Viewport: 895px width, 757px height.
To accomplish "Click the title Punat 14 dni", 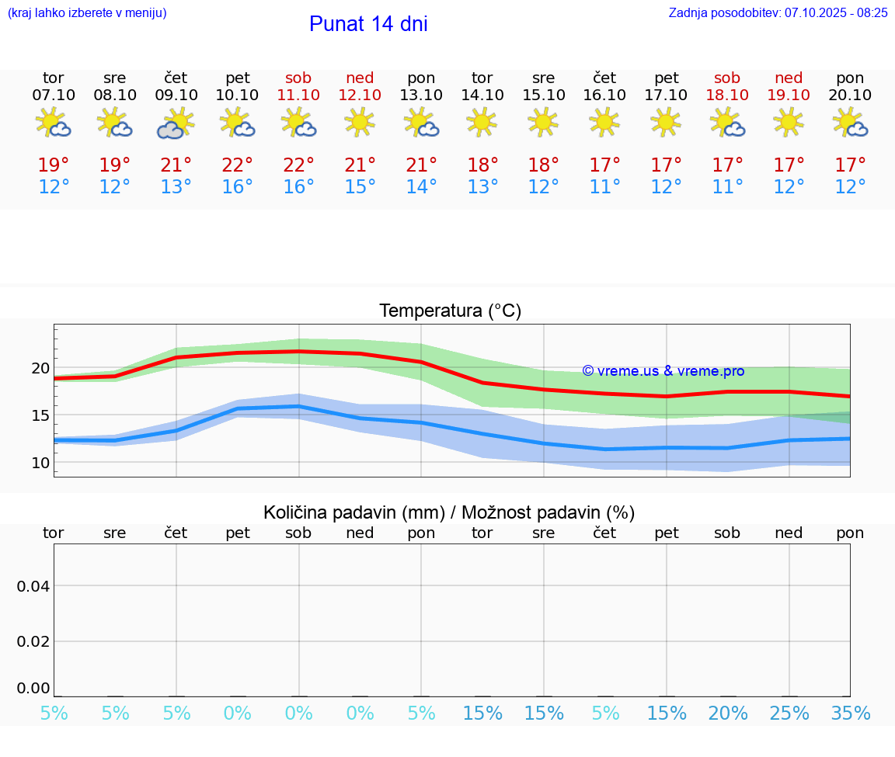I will coord(368,24).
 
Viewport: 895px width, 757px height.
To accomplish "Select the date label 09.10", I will coord(176,95).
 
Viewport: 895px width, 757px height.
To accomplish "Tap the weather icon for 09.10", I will coord(176,123).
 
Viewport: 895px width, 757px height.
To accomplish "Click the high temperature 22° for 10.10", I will coord(237,165).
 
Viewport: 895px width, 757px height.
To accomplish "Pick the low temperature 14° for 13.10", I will coord(421,187).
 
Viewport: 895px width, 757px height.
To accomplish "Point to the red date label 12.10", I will coord(360,95).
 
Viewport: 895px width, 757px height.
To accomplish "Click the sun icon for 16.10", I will coord(604,122).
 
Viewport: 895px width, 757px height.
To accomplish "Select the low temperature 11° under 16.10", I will coord(604,187).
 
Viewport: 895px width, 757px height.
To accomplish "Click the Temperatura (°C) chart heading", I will coord(450,311).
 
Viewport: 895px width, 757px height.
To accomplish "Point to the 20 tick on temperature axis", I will coord(40,368).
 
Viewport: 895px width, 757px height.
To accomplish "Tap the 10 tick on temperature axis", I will coord(40,463).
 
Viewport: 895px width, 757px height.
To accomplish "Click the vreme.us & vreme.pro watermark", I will coord(663,371).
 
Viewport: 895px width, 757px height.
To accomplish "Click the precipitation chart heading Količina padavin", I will coord(449,512).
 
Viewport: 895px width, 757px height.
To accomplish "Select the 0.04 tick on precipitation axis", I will coord(34,586).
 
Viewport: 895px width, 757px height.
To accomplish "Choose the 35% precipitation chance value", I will coord(850,714).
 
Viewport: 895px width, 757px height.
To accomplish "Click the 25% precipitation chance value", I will coord(789,714).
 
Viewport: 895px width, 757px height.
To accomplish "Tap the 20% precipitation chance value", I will coord(727,714).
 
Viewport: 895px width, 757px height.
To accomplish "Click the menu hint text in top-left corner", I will coord(87,13).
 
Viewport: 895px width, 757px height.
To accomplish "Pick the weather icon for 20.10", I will coord(850,123).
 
